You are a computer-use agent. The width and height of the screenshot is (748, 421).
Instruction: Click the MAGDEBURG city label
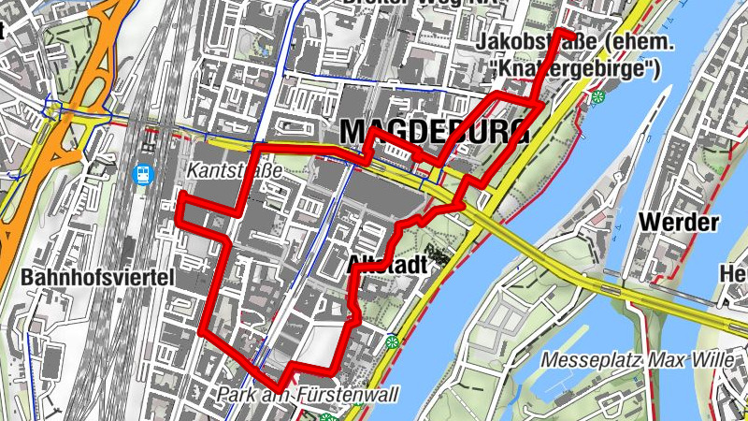coord(434,133)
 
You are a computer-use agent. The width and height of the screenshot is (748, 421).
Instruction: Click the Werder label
coord(679,223)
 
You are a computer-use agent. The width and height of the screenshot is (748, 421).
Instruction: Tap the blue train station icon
coord(142,175)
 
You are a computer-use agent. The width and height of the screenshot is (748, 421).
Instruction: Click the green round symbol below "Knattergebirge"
coord(597,96)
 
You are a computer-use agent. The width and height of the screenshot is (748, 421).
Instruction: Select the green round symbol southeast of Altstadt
coord(393,341)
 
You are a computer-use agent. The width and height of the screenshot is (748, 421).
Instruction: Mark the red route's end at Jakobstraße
coord(572,34)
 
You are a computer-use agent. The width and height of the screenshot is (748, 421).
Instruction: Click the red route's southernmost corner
coord(278,388)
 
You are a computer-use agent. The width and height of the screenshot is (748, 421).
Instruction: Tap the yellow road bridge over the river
coord(561,267)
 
